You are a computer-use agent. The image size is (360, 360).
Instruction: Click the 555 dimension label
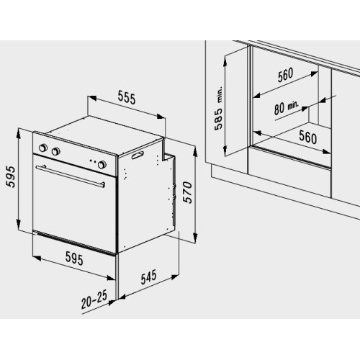pyautogui.click(x=127, y=98)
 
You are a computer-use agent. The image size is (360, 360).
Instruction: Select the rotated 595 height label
pyautogui.click(x=11, y=177)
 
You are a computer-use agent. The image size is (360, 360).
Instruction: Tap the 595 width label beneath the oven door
pyautogui.click(x=74, y=258)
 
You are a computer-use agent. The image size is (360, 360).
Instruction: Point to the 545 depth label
pyautogui.click(x=148, y=277)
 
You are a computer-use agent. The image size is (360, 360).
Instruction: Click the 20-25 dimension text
pyautogui.click(x=94, y=300)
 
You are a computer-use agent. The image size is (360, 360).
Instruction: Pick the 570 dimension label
pyautogui.click(x=187, y=193)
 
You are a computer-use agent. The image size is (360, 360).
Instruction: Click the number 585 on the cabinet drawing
pyautogui.click(x=219, y=120)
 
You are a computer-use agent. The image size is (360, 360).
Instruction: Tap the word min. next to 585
pyautogui.click(x=220, y=95)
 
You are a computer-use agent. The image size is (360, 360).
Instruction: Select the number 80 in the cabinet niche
pyautogui.click(x=279, y=109)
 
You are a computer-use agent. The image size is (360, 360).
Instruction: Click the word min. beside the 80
pyautogui.click(x=292, y=105)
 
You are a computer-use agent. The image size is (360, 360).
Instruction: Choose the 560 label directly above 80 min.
pyautogui.click(x=285, y=75)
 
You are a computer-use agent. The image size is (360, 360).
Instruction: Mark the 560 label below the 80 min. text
pyautogui.click(x=308, y=137)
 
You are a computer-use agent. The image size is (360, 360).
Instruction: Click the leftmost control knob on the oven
pyautogui.click(x=43, y=148)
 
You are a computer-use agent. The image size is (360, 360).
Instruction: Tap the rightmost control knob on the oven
pyautogui.click(x=102, y=164)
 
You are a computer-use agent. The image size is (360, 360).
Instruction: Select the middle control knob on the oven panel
pyautogui.click(x=55, y=151)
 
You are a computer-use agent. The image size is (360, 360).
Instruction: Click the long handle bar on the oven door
pyautogui.click(x=70, y=176)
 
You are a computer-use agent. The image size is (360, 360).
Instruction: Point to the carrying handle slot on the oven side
pyautogui.click(x=138, y=155)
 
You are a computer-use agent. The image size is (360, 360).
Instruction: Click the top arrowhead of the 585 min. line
pyautogui.click(x=225, y=61)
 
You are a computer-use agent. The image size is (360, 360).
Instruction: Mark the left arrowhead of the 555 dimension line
pyautogui.click(x=92, y=98)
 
